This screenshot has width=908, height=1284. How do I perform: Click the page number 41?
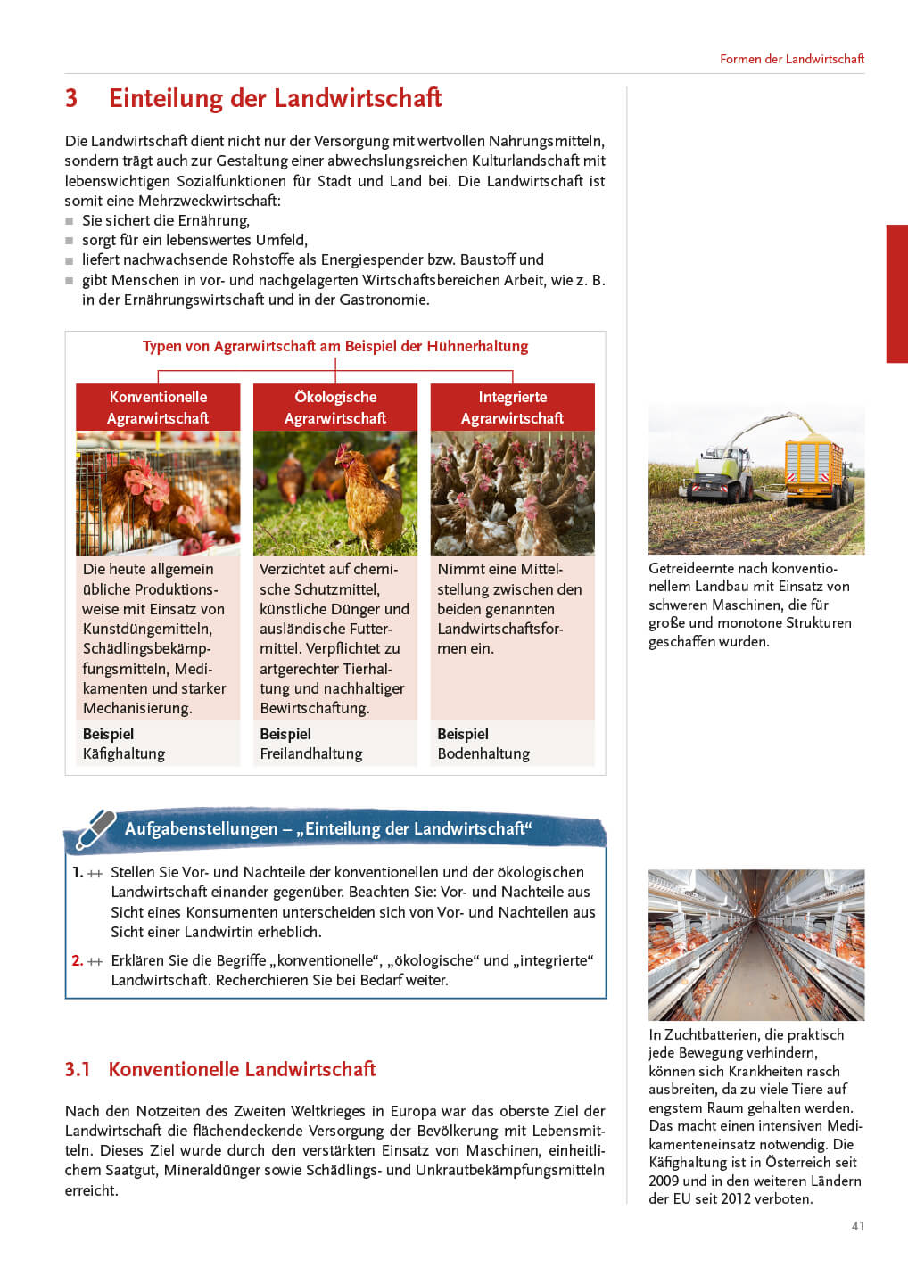[857, 1226]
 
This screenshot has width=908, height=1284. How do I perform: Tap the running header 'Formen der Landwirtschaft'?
[791, 59]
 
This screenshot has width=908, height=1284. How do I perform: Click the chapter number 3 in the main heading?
[71, 98]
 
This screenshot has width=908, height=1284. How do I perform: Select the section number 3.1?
[78, 1069]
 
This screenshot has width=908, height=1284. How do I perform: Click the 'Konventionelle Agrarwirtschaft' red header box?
[158, 407]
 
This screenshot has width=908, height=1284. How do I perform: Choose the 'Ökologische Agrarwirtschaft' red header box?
[335, 407]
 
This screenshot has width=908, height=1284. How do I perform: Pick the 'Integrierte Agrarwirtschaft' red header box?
[512, 407]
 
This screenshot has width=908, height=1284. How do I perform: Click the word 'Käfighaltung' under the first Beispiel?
[124, 754]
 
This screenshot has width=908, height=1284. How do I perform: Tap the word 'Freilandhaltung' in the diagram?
[310, 754]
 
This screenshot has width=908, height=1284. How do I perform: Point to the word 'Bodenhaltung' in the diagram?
[483, 754]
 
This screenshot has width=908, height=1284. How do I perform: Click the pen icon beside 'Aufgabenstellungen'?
[95, 828]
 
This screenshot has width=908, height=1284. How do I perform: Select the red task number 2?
[77, 960]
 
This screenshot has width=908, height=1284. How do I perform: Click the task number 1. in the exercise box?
[78, 872]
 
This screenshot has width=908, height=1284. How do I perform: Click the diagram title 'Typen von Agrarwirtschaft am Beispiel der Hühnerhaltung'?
[335, 346]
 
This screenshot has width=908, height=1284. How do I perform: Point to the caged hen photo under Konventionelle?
[158, 493]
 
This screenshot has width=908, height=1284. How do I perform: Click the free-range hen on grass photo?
[335, 493]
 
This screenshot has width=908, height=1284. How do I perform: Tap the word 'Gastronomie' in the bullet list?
[384, 300]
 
